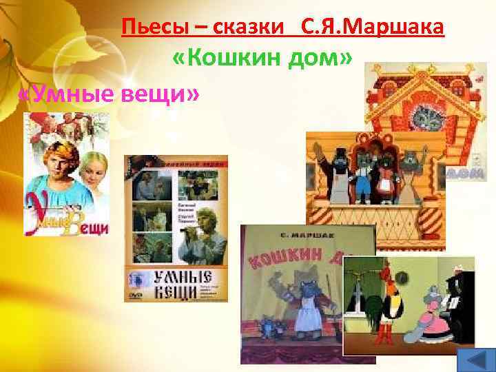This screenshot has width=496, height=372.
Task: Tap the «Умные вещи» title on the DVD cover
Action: (x=178, y=284)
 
